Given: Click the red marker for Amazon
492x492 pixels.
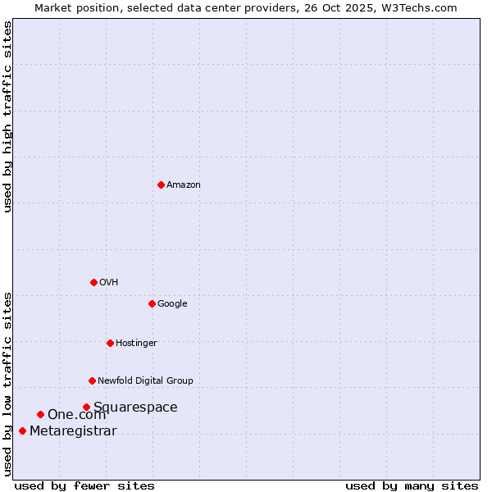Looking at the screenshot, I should [x=161, y=184].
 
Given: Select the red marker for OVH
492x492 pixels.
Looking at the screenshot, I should [x=93, y=282].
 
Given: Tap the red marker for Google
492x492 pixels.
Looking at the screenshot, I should [x=152, y=303].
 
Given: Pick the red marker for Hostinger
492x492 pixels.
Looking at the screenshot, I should [x=110, y=343].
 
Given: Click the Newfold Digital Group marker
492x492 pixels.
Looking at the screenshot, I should [x=92, y=380].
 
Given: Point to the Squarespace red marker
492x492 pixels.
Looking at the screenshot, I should [x=86, y=407].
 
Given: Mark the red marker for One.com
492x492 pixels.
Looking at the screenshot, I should [x=40, y=414].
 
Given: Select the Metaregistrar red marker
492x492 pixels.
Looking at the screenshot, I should [x=22, y=430].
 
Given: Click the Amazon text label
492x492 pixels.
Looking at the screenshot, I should [x=184, y=185].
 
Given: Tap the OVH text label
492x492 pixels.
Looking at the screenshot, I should [x=109, y=283].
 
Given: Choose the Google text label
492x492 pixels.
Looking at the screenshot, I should [x=172, y=304].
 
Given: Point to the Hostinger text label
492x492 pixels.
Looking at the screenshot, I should [x=136, y=344].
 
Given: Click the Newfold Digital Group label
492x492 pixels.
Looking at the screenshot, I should [x=146, y=381].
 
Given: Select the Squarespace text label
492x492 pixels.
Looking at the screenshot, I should [x=135, y=408].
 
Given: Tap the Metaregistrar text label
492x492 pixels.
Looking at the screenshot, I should [x=73, y=431].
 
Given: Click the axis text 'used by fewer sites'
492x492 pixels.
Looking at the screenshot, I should [x=84, y=485].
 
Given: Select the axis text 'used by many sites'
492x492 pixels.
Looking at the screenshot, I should [x=412, y=485].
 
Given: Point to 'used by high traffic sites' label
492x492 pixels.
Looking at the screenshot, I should [x=7, y=116].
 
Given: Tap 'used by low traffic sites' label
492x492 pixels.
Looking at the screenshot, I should [x=7, y=383].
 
